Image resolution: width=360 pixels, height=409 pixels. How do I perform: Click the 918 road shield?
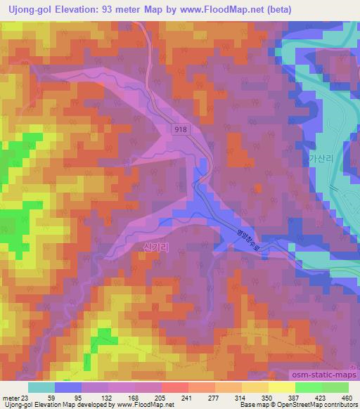(x=181, y=129)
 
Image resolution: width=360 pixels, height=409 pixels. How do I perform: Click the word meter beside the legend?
(x=10, y=397)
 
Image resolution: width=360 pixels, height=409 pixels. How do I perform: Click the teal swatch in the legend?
(x=41, y=387)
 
